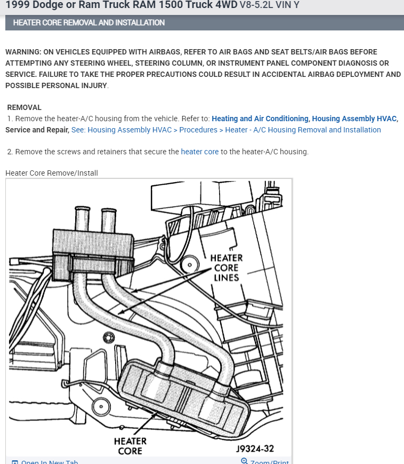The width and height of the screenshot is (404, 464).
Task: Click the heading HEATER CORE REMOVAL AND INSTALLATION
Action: [x=88, y=22]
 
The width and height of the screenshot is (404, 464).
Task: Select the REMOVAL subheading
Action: [x=24, y=107]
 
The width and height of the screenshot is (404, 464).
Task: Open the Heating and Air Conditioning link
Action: [x=260, y=119]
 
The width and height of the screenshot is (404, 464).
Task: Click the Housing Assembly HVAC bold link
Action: [x=354, y=119]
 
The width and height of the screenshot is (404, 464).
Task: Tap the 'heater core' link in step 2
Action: [x=199, y=152]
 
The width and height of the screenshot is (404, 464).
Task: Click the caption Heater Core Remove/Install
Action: [x=52, y=173]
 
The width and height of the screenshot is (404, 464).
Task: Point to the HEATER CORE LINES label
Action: [x=227, y=268]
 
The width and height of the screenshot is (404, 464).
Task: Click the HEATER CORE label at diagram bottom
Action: [x=130, y=446]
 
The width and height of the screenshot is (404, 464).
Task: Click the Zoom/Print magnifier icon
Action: [x=244, y=461]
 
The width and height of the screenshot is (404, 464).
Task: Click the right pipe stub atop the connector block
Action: [x=109, y=219]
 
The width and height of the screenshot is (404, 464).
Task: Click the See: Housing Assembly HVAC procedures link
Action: [x=226, y=130]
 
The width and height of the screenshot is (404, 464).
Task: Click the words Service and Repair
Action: [x=36, y=130]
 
